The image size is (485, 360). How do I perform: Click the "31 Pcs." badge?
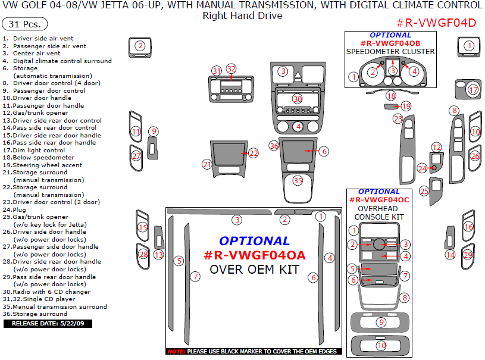point(25,24)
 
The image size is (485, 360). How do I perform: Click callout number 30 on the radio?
point(298,99)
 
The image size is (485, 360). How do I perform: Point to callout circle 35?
point(298,180)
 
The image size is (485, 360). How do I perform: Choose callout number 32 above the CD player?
point(231,68)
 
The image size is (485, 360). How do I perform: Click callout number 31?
point(216,71)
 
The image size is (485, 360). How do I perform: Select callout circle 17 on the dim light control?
point(473,90)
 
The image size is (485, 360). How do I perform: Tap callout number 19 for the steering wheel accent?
point(406,106)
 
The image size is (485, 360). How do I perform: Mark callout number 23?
point(398,119)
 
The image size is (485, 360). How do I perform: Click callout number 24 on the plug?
point(422,168)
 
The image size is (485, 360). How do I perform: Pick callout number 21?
point(207,164)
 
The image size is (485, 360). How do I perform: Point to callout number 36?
point(274,146)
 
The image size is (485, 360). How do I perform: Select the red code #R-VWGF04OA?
point(255,255)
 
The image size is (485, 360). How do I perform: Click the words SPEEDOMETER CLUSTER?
point(390,51)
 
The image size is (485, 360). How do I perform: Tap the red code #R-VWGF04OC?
point(378,200)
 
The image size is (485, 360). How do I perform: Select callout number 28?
point(143,254)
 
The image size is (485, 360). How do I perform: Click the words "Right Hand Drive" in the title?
point(242,15)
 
